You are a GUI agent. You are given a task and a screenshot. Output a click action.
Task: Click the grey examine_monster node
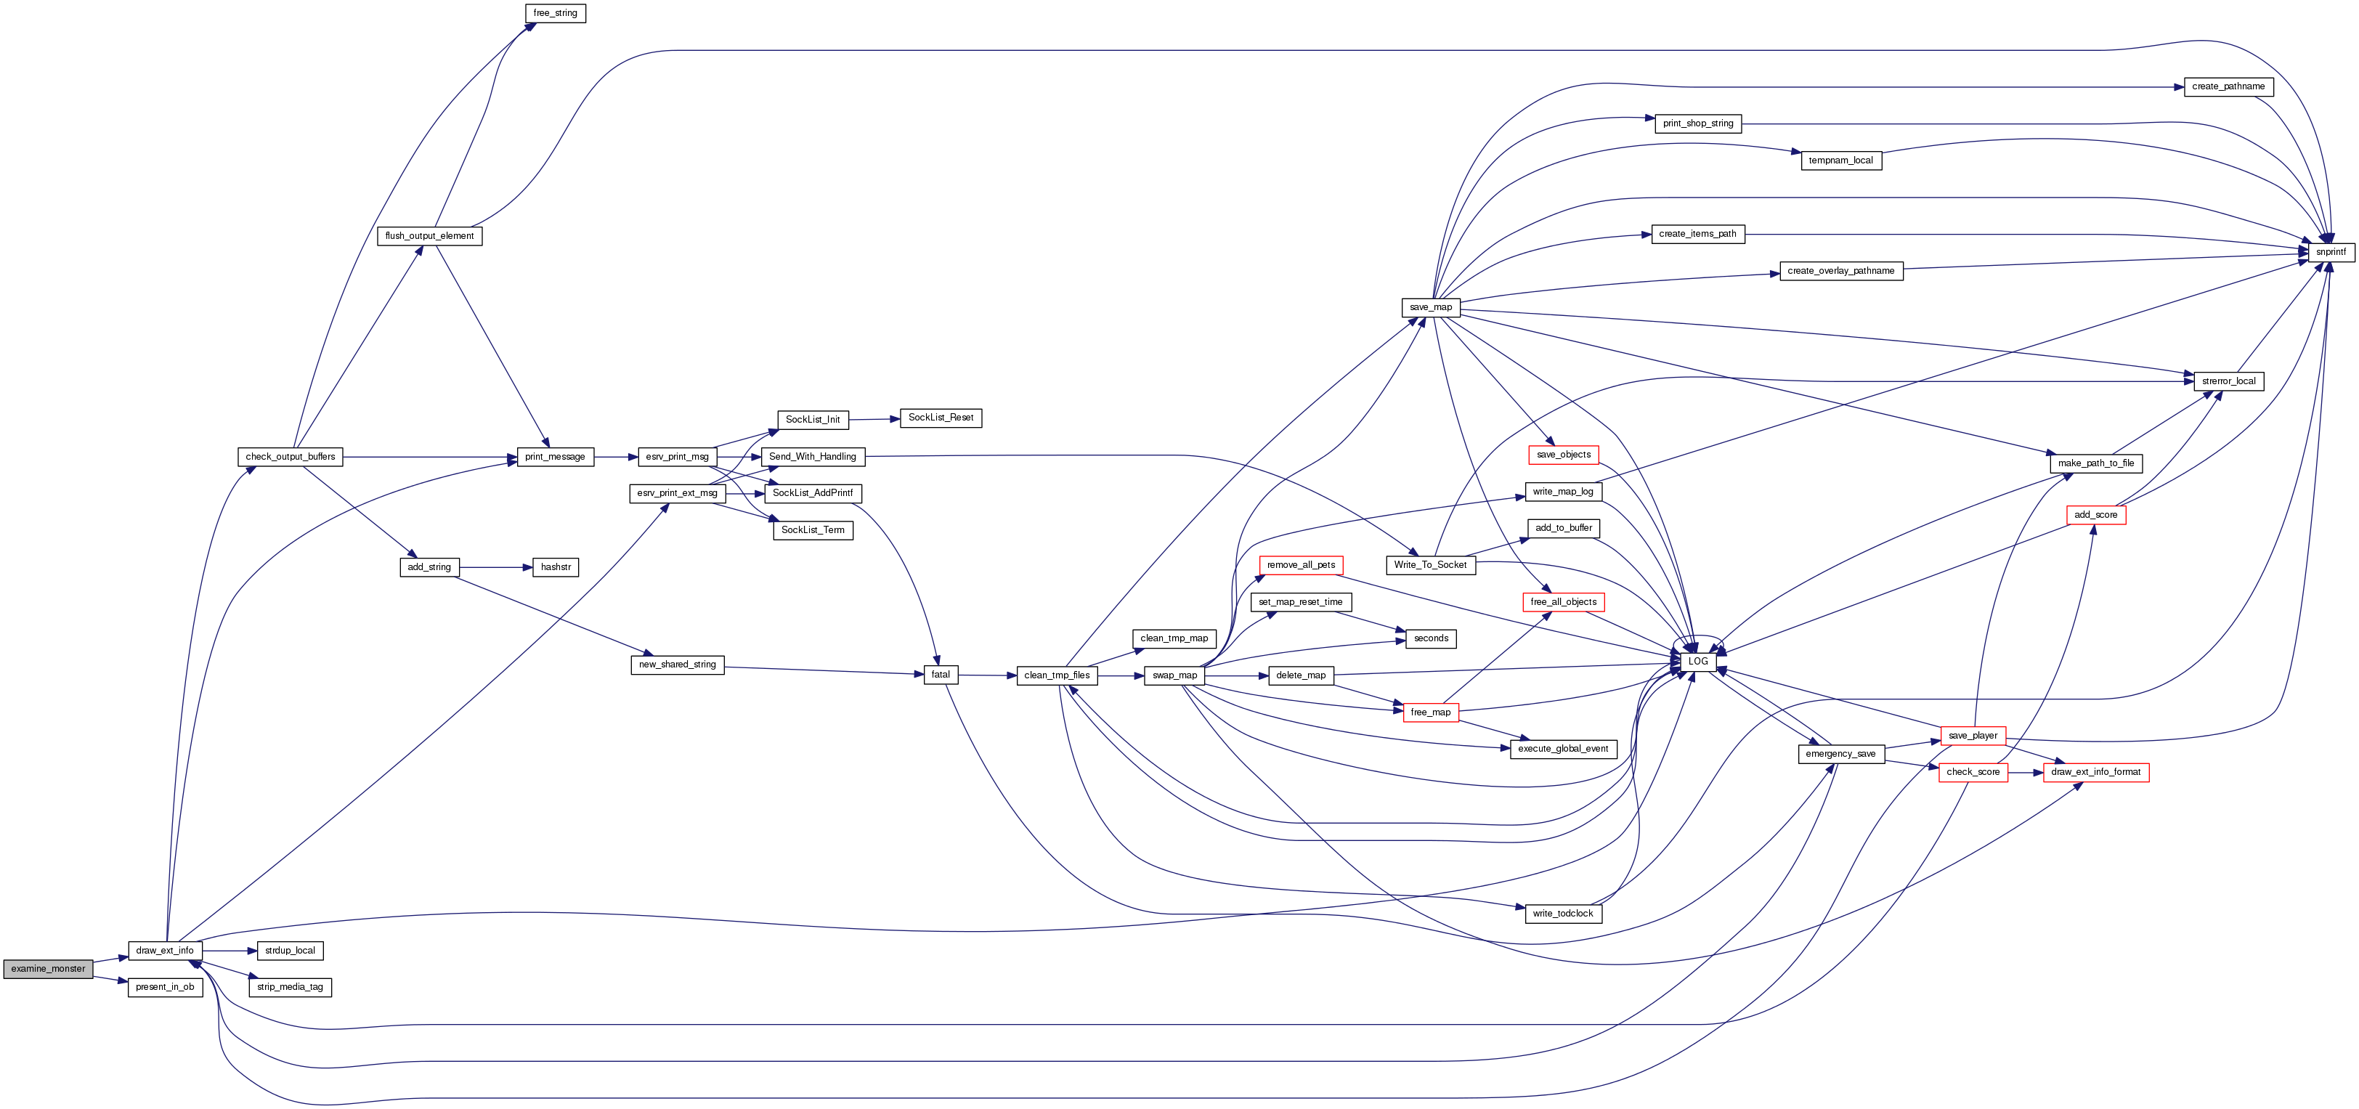(48, 969)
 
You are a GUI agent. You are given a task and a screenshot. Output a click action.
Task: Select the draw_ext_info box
(165, 951)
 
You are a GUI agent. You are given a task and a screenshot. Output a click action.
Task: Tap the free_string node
(555, 14)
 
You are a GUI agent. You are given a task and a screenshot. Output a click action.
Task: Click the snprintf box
(2330, 252)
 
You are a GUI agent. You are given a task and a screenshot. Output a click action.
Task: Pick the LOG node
(1697, 661)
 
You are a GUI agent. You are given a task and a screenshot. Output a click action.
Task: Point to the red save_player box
(1973, 736)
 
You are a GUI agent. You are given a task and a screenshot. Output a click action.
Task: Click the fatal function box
(941, 675)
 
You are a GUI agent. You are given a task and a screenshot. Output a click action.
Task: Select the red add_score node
(2095, 515)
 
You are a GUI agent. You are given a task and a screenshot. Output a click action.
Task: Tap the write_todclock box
(1562, 913)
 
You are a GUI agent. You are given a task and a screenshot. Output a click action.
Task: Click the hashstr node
(555, 568)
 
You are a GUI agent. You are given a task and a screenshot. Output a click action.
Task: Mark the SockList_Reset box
(941, 418)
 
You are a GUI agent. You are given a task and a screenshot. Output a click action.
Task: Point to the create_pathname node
(2228, 87)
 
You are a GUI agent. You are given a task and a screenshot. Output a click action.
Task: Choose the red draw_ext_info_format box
(2095, 772)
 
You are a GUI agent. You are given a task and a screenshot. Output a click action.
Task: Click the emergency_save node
(1840, 754)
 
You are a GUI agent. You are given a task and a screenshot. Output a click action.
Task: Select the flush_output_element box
(429, 236)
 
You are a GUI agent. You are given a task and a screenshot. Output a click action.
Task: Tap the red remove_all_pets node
(1300, 565)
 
